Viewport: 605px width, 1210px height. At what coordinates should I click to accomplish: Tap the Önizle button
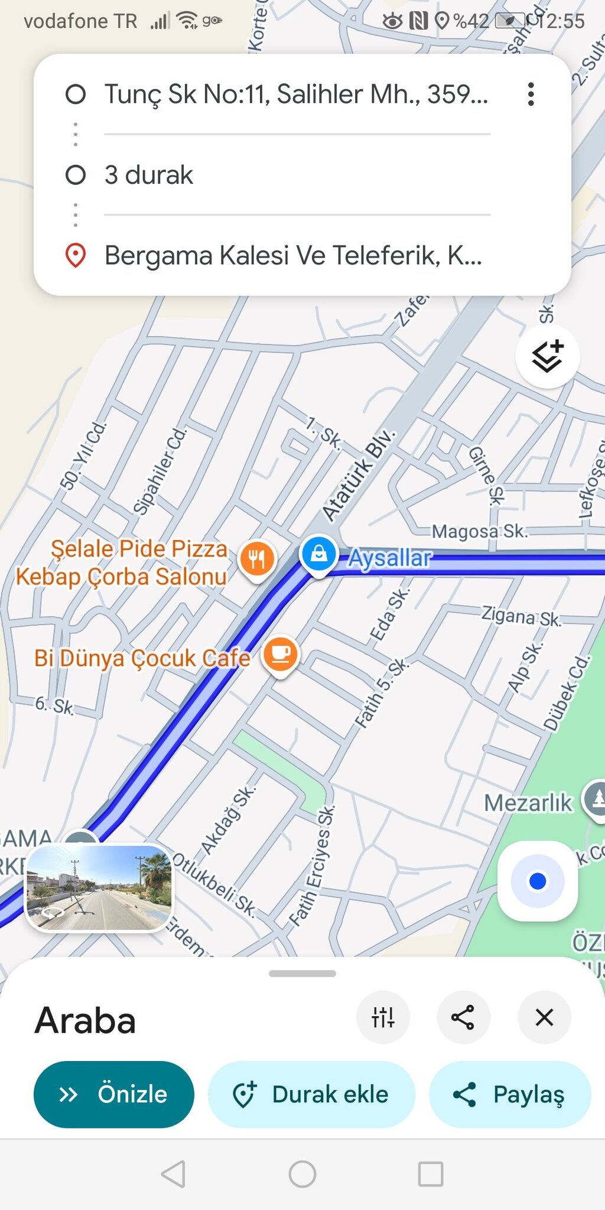113,1094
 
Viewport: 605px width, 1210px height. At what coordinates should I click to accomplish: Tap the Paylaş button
509,1094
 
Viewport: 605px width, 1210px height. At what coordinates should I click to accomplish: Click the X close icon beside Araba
544,1017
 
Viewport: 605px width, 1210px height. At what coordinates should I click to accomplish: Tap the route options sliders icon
383,1017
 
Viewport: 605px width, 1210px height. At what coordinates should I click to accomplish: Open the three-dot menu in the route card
531,94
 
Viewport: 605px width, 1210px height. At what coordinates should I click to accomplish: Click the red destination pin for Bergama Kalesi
76,255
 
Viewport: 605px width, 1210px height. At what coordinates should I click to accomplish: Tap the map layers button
547,357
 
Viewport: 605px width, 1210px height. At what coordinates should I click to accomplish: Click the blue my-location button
537,881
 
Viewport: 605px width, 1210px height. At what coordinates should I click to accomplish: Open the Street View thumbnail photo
99,887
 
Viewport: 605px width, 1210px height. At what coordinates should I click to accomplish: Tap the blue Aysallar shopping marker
318,554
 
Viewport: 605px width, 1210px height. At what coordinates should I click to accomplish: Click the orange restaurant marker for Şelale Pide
257,558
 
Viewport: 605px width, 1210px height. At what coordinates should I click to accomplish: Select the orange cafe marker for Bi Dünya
281,655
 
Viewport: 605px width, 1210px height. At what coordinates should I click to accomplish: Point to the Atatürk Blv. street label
358,475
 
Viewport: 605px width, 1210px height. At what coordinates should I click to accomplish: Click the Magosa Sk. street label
479,531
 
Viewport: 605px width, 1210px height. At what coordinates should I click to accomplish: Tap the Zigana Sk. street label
521,616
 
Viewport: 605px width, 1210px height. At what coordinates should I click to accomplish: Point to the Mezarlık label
528,803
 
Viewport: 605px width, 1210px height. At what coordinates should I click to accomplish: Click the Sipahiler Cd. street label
160,471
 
